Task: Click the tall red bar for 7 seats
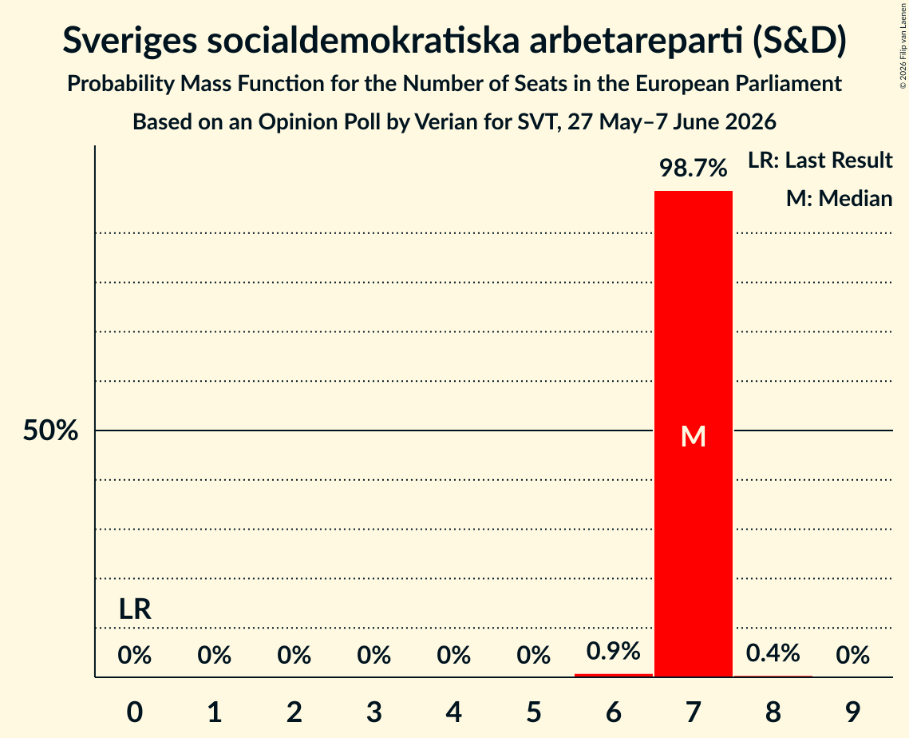[x=694, y=434]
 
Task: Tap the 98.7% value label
[x=694, y=169]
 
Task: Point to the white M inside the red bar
[x=694, y=436]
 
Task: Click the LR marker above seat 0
[x=135, y=609]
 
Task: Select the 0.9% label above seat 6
[x=614, y=651]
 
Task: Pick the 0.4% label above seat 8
[x=773, y=653]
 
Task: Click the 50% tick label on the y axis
[x=50, y=430]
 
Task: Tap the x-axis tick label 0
[x=135, y=712]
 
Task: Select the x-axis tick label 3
[x=374, y=712]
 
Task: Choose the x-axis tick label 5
[x=533, y=712]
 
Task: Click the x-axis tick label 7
[x=694, y=712]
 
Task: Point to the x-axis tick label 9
[x=853, y=712]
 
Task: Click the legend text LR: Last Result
[x=820, y=160]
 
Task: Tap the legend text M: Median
[x=839, y=198]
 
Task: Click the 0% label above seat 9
[x=853, y=656]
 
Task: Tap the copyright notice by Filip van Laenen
[x=903, y=46]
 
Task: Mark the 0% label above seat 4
[x=454, y=656]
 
